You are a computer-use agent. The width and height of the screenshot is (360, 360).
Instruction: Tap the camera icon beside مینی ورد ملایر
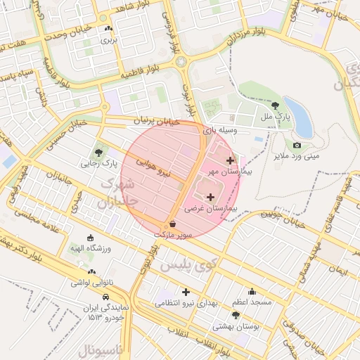[297, 145]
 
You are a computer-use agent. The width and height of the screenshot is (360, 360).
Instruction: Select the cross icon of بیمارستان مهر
[230, 160]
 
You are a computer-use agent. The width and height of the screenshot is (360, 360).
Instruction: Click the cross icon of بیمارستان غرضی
[211, 196]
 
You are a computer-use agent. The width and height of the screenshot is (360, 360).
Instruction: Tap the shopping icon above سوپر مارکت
[173, 223]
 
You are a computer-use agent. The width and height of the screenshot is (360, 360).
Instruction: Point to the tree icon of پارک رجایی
[98, 152]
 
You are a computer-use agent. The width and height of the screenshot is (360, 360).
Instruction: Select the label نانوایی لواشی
[90, 283]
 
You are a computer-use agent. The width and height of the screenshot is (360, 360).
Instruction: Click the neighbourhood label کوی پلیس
[186, 266]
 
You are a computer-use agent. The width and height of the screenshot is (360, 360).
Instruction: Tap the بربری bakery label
[108, 40]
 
